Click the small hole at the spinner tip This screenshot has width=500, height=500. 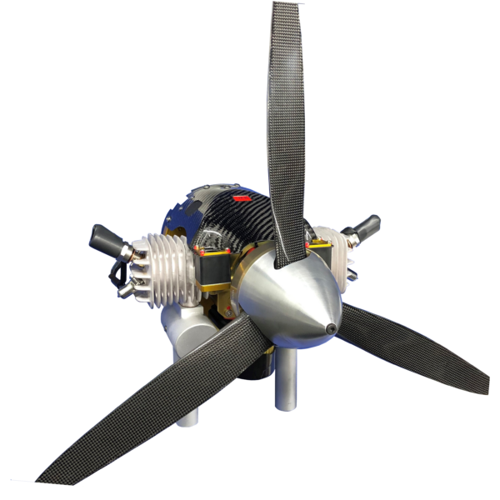point(332,327)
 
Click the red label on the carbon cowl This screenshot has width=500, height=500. point(242,200)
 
